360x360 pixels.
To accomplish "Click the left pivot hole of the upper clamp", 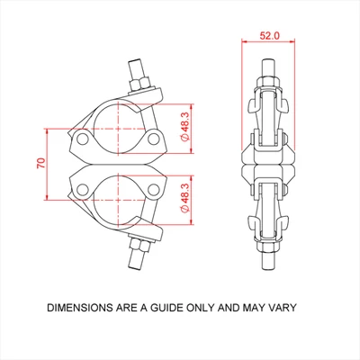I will coord(82,139).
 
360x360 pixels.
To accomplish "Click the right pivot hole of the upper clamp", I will coord(155,139).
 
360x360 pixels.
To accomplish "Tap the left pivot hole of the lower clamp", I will coord(82,188).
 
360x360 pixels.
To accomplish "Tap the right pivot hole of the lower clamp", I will coord(155,188).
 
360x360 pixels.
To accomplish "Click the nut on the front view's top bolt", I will coord(140,84).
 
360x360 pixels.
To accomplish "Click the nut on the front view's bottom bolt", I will coord(139,244).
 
